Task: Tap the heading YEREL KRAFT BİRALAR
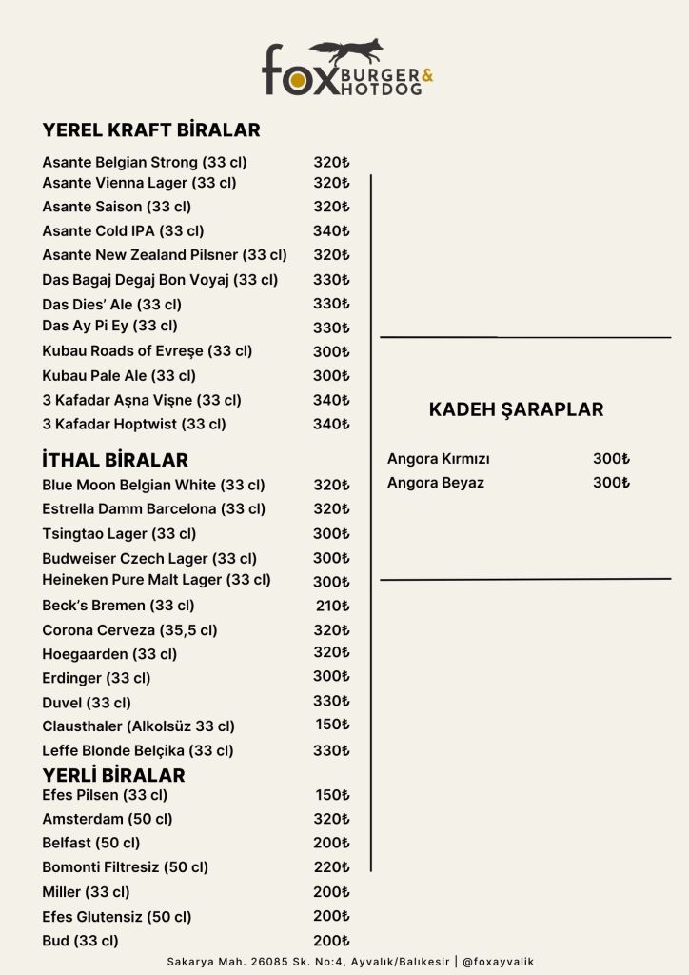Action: coord(151,130)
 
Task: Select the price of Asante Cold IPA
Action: coord(331,230)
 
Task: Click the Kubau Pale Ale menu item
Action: coord(119,375)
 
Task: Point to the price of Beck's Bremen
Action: coord(332,605)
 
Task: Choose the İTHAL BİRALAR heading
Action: coord(115,461)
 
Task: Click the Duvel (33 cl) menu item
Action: coord(87,703)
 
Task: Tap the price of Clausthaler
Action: coord(332,725)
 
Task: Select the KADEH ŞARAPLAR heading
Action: coord(516,409)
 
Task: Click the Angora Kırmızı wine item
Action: coord(438,459)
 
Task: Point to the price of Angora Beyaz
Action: coord(611,483)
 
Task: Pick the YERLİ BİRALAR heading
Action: coord(113,775)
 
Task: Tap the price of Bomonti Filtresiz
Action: coord(332,866)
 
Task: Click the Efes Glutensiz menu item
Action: coord(116,916)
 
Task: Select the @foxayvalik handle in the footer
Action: coord(498,962)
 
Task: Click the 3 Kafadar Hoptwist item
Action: coord(134,424)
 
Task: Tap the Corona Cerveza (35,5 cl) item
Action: coord(129,629)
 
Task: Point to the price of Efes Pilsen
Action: coord(332,795)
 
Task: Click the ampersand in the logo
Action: coord(426,74)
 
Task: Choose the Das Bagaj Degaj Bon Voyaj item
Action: coord(160,280)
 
